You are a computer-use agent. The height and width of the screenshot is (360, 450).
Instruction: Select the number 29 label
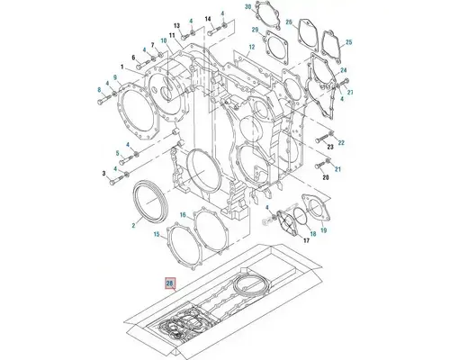(x=255, y=31)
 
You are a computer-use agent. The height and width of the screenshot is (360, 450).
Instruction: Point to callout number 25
(x=349, y=42)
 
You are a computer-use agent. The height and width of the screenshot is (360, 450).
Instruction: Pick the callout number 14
(x=207, y=19)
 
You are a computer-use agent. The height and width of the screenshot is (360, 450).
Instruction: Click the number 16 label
(x=183, y=215)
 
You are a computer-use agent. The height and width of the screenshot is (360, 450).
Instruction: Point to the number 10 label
(x=164, y=41)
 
